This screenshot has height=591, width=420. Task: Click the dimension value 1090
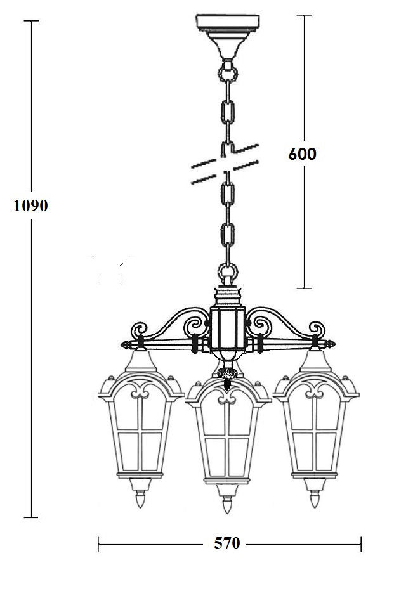tap(30, 206)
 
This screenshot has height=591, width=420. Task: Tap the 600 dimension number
tap(303, 154)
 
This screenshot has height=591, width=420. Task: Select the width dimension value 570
tap(227, 543)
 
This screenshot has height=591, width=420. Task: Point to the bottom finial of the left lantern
tap(140, 498)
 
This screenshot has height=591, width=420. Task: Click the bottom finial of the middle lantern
tap(226, 503)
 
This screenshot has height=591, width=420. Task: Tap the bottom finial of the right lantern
tap(315, 498)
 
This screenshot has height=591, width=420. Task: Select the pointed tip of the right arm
tap(335, 344)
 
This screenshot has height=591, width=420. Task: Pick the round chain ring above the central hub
tap(228, 271)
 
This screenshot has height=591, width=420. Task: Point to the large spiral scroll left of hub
tap(197, 325)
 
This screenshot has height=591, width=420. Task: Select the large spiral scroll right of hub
tap(259, 325)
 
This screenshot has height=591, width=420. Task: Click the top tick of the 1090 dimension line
tap(31, 21)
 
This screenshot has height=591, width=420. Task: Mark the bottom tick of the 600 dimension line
tap(305, 289)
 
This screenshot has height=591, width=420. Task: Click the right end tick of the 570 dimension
tap(361, 544)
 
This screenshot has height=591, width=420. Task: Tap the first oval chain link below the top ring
tap(228, 110)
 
